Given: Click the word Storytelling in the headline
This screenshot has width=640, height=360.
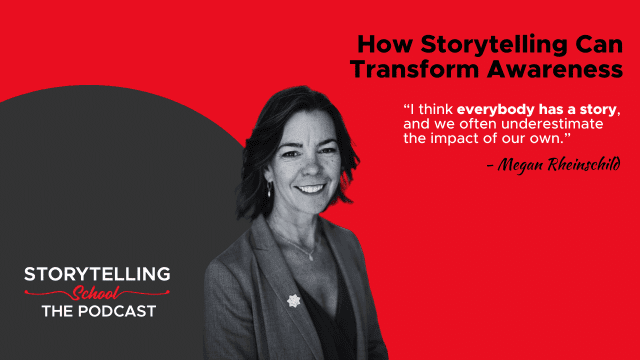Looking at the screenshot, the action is click(x=494, y=45).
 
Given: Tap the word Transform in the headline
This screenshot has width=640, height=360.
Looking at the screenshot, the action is click(x=414, y=69).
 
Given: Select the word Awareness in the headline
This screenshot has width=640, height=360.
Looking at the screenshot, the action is click(x=555, y=69).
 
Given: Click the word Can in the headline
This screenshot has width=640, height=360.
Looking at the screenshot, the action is click(x=599, y=44).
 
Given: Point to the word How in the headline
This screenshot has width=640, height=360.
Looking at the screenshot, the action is click(x=385, y=44).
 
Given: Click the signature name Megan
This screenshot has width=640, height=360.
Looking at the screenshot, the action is click(x=520, y=164).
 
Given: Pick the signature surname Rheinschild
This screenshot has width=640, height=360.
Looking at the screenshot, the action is click(x=584, y=164).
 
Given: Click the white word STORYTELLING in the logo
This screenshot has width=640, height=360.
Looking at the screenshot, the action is click(x=97, y=274).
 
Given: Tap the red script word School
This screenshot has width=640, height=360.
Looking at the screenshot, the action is click(x=96, y=293).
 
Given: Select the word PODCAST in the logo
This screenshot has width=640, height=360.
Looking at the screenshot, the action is click(x=117, y=311).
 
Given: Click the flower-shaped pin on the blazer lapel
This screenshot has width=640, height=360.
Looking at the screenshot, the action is click(x=293, y=301).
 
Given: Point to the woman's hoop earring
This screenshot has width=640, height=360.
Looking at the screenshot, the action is click(x=269, y=189).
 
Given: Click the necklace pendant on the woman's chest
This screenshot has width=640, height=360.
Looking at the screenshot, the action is click(x=310, y=258).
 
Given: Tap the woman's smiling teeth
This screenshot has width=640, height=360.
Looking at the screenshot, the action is click(x=310, y=189).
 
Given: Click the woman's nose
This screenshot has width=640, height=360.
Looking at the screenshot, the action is click(x=307, y=168).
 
